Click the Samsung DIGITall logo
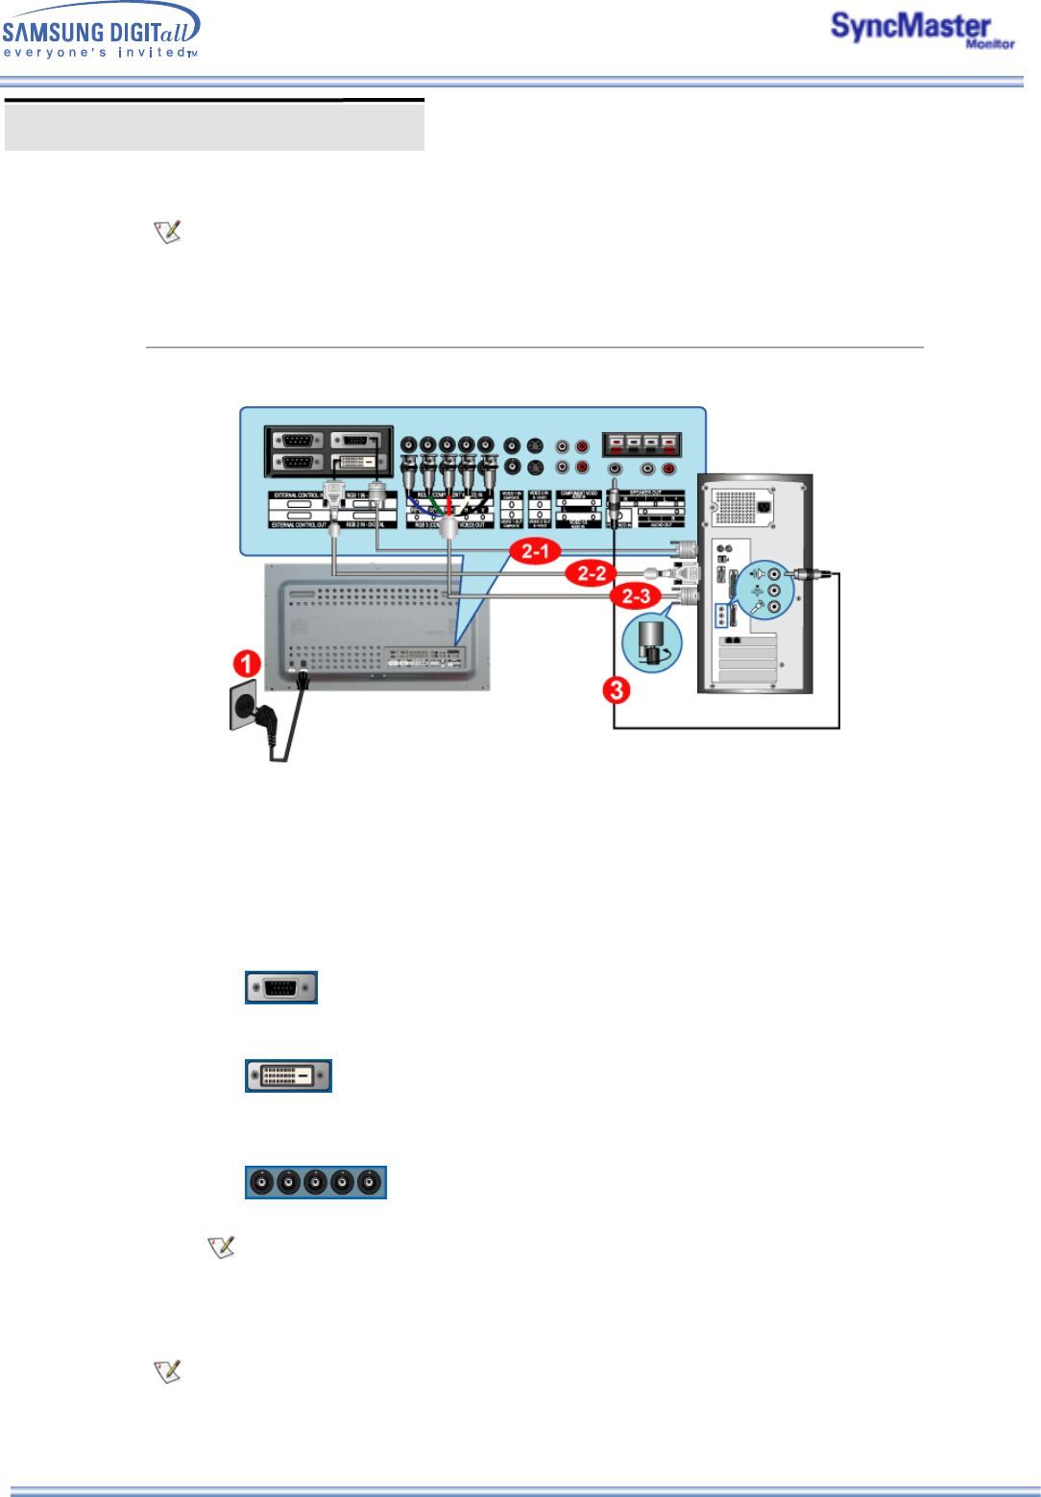pyautogui.click(x=101, y=31)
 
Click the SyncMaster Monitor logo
pyautogui.click(x=921, y=30)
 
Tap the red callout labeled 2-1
pyautogui.click(x=535, y=551)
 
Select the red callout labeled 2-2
pyautogui.click(x=591, y=574)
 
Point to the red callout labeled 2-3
pyautogui.click(x=636, y=596)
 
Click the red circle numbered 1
pyautogui.click(x=248, y=664)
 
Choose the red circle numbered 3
pyautogui.click(x=617, y=689)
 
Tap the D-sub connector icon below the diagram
pyautogui.click(x=281, y=987)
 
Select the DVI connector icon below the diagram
pyautogui.click(x=288, y=1075)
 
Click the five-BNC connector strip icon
pyautogui.click(x=316, y=1183)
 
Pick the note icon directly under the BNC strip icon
pyautogui.click(x=222, y=1246)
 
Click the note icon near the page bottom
pyautogui.click(x=168, y=1371)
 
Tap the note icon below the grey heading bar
pyautogui.click(x=168, y=231)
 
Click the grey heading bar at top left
pyautogui.click(x=214, y=126)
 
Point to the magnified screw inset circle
pyautogui.click(x=652, y=642)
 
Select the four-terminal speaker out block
pyautogui.click(x=642, y=445)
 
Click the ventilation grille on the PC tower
pyautogui.click(x=737, y=506)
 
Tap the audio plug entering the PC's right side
pyautogui.click(x=806, y=575)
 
